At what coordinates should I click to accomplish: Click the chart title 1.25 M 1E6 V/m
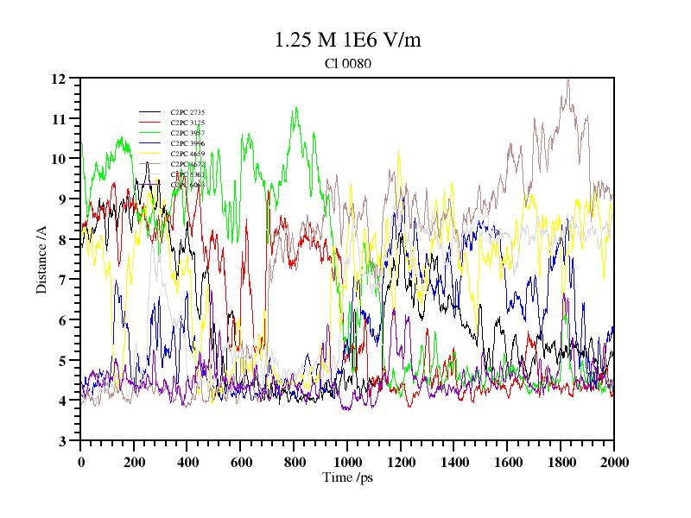tap(347, 40)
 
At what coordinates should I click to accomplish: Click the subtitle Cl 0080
tap(347, 63)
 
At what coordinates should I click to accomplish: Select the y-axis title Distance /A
tap(41, 260)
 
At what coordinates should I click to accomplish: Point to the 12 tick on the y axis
tap(59, 79)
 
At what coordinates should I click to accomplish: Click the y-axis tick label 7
tap(62, 280)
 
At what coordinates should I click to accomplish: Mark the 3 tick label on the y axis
tap(62, 441)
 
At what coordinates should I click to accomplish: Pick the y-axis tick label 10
tap(59, 159)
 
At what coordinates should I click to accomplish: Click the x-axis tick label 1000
tap(347, 462)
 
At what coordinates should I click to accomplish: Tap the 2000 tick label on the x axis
tap(613, 462)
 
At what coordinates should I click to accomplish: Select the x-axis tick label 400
tap(187, 462)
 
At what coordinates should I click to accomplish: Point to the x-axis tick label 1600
tap(507, 462)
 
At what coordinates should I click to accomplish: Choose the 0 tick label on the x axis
tap(81, 462)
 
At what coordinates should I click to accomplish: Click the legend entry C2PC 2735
tap(187, 112)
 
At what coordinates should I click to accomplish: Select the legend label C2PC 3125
tap(187, 123)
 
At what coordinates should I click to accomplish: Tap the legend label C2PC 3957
tap(187, 133)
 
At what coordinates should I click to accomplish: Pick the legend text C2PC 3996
tap(187, 143)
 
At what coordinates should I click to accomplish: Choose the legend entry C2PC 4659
tap(187, 154)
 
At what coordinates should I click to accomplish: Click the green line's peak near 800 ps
tap(295, 109)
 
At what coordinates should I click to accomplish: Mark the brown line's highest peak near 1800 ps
tap(567, 79)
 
